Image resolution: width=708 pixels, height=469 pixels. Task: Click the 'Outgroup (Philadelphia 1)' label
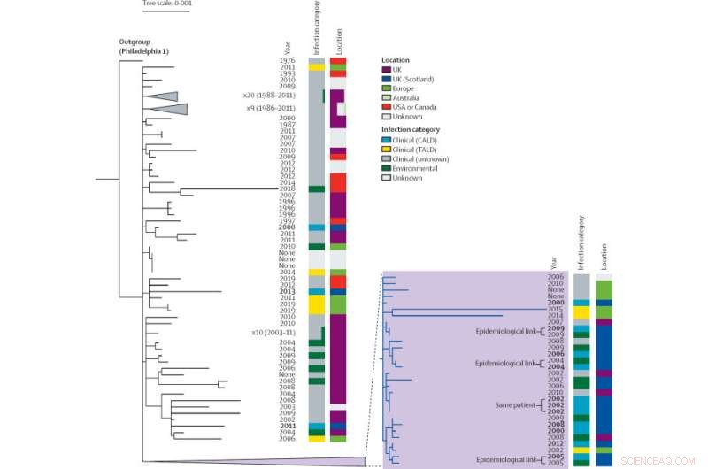tap(145, 47)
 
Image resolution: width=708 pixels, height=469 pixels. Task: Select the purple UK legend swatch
tap(387, 69)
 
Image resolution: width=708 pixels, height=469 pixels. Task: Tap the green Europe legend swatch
tap(387, 88)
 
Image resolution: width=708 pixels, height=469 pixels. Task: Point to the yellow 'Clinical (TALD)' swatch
tap(387, 150)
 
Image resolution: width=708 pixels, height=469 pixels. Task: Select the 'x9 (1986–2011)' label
tap(271, 108)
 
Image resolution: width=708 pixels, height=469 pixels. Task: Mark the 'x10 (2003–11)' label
tap(273, 333)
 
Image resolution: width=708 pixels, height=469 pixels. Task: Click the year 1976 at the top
tap(288, 60)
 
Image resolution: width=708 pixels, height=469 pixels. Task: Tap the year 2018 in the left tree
tap(288, 189)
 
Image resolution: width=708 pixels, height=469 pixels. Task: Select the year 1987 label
tap(288, 125)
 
